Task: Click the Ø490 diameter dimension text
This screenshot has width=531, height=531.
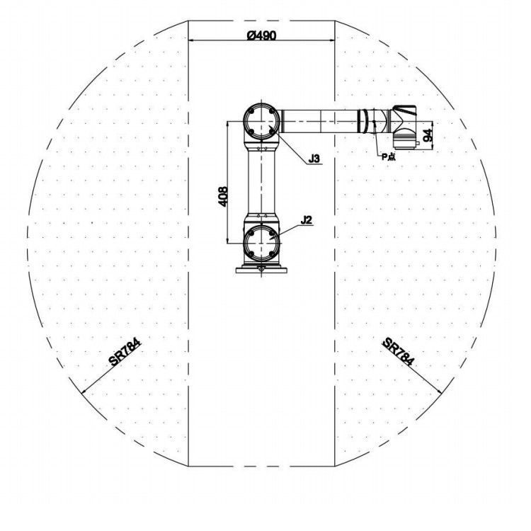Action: click(x=261, y=35)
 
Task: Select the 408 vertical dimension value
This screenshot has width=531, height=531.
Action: click(x=223, y=196)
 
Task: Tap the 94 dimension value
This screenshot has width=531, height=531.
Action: click(x=428, y=135)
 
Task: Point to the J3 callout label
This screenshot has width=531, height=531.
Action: click(x=314, y=158)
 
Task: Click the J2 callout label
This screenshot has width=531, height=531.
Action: click(x=306, y=220)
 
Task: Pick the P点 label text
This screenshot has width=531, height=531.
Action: click(x=389, y=156)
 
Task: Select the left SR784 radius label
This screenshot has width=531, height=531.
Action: click(x=125, y=353)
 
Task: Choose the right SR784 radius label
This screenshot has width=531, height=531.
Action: click(x=398, y=352)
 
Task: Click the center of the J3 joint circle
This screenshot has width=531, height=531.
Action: click(x=261, y=121)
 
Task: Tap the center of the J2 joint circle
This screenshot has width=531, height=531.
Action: click(x=261, y=243)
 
